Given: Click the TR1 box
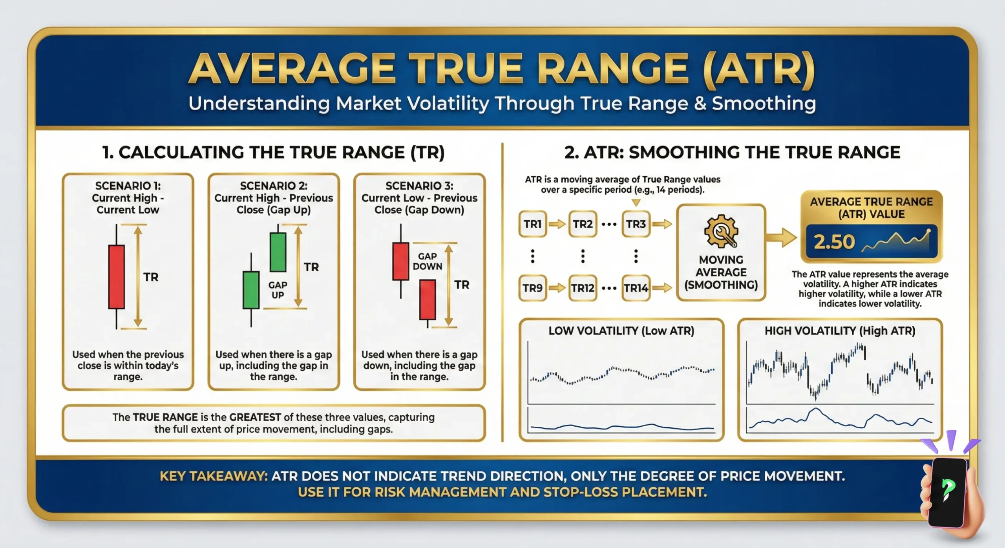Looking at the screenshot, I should point(532,224).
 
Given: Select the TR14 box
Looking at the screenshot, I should point(636,288).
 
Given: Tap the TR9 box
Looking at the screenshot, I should point(532,288).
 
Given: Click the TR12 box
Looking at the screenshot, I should point(583,288).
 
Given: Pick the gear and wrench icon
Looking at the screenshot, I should point(721,232).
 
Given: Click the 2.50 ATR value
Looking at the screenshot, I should point(834,242).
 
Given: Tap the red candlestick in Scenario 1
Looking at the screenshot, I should point(117,277).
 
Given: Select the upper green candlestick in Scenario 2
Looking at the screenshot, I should point(278,252).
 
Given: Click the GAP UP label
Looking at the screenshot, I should point(278,290).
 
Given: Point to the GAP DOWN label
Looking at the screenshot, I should point(427,261).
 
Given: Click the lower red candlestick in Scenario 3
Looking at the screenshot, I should point(428,300).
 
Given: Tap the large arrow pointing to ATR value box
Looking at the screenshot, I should point(781,238).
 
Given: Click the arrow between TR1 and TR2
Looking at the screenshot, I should point(557,225).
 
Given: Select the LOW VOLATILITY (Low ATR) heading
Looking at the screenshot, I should point(621,331).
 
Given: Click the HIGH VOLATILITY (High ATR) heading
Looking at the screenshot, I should point(840,331).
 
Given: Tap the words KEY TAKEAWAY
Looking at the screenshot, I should point(214,476).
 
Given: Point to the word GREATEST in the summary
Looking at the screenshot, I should point(255,417).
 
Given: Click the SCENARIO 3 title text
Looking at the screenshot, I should point(419,186).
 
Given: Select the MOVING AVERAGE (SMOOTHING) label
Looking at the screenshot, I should point(721,272).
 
